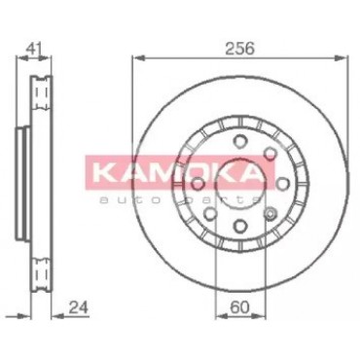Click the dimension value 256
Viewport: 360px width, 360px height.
coord(239,49)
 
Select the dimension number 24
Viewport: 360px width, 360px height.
coord(79,307)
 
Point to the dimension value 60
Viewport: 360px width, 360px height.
coord(239,307)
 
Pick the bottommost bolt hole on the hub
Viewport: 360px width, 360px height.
coord(240,226)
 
